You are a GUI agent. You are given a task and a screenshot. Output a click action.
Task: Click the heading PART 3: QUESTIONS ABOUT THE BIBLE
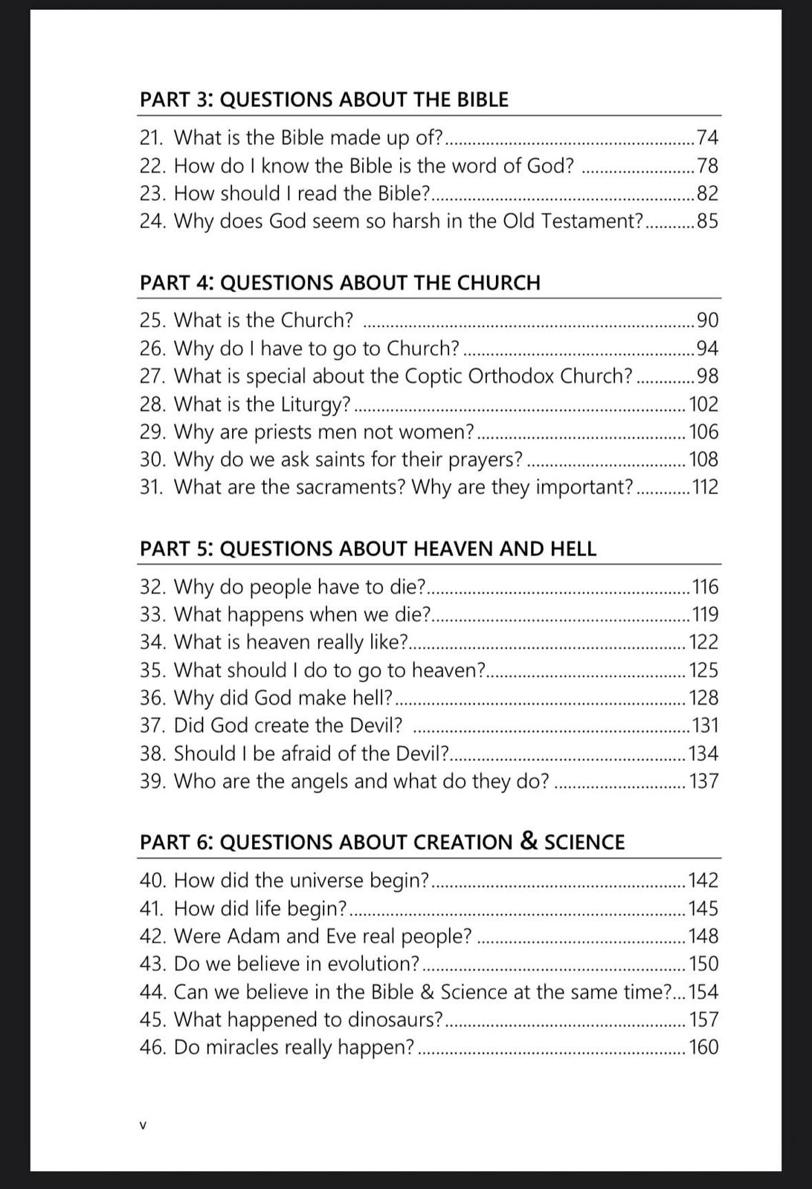[324, 100]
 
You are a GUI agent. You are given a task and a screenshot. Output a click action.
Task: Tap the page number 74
[706, 137]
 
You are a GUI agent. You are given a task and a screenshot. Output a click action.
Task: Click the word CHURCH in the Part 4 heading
[498, 283]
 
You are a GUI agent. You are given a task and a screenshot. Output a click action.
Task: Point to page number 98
[707, 376]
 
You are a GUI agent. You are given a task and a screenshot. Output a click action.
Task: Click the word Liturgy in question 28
[315, 405]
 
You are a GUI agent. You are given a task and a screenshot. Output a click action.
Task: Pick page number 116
[705, 587]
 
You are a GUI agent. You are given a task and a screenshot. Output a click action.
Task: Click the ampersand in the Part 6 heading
[529, 841]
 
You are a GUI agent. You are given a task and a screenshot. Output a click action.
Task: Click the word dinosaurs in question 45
[395, 1020]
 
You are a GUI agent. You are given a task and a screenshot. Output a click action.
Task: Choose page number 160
[704, 1047]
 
